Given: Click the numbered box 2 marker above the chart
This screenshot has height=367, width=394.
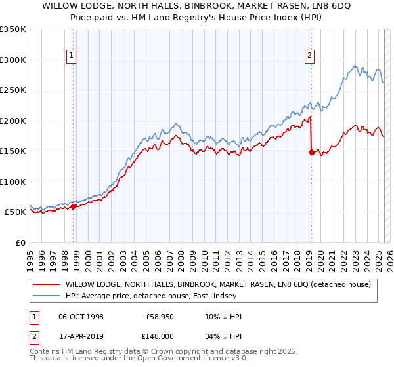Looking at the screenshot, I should [309, 56].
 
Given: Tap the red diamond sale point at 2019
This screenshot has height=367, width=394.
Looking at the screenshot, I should [311, 152].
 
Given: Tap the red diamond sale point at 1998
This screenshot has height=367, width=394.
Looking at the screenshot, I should [74, 206].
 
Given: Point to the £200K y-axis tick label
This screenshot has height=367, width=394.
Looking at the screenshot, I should [13, 121].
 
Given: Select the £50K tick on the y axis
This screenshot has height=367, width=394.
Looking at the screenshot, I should [16, 212].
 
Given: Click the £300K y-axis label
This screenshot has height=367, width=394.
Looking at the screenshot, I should [13, 60].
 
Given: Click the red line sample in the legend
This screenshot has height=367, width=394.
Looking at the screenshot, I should [47, 284].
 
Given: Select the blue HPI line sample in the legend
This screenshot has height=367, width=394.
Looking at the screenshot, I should [47, 296].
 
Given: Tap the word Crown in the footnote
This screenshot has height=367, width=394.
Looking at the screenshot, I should [167, 352].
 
